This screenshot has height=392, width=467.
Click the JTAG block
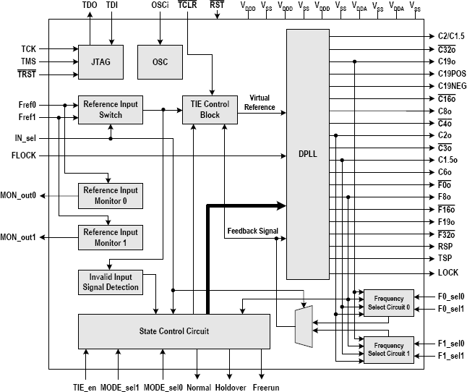coord(101,61)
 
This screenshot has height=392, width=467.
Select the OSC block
coord(160,61)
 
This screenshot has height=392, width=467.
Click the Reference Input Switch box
coord(110,109)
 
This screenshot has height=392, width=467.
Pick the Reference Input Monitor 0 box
coord(111,195)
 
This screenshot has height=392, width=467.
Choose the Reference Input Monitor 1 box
coord(111,237)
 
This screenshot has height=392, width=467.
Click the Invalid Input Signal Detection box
coord(111,281)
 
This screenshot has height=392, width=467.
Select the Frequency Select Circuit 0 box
coord(388,302)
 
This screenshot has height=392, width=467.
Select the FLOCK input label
coord(23,155)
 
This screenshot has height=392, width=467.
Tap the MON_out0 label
coord(19,196)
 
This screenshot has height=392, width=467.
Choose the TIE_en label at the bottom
coord(85,386)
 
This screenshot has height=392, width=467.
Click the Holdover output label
coord(231,386)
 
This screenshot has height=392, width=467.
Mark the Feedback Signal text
coord(253,231)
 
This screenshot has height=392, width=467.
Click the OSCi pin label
coord(160,5)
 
